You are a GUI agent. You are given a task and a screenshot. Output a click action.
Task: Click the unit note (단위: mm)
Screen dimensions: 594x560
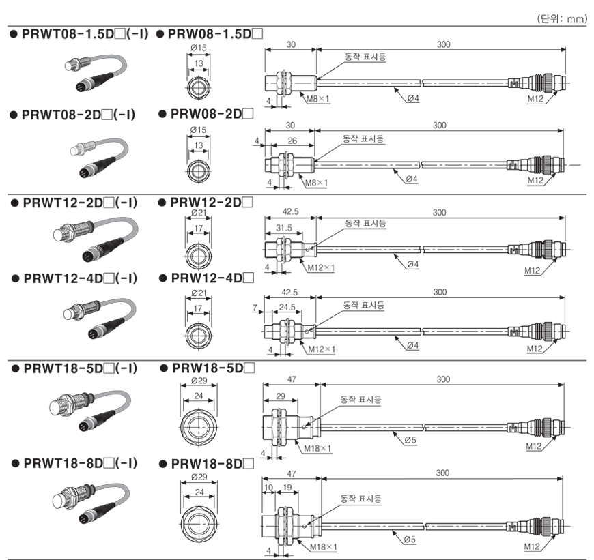(562, 18)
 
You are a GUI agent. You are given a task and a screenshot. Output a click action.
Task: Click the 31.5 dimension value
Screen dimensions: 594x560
(284, 228)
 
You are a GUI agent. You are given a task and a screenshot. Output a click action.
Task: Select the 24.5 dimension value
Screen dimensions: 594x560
(287, 307)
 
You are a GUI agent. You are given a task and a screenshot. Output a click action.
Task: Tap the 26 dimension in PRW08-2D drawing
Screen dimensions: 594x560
(292, 141)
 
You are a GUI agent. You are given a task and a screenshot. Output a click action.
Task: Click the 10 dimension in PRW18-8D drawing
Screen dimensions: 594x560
(268, 487)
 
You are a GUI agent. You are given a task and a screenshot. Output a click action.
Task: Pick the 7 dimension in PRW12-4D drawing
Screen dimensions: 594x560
(255, 308)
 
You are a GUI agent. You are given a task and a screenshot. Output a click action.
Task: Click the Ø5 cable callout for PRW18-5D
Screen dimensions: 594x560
(410, 440)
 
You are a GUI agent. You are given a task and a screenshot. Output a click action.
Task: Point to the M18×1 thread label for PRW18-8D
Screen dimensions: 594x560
(323, 547)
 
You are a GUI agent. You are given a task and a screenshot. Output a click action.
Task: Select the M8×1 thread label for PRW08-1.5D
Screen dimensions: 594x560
(318, 99)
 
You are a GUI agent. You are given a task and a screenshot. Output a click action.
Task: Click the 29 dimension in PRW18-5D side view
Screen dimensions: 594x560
(281, 396)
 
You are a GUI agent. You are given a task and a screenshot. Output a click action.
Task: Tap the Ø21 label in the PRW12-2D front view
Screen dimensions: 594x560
(199, 213)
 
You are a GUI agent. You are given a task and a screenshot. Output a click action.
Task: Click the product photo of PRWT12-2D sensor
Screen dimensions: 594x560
(96, 239)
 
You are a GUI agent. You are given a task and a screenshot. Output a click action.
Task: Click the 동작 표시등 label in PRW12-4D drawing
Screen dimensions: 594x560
(363, 305)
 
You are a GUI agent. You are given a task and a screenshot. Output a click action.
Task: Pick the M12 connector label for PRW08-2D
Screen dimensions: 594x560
(535, 181)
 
